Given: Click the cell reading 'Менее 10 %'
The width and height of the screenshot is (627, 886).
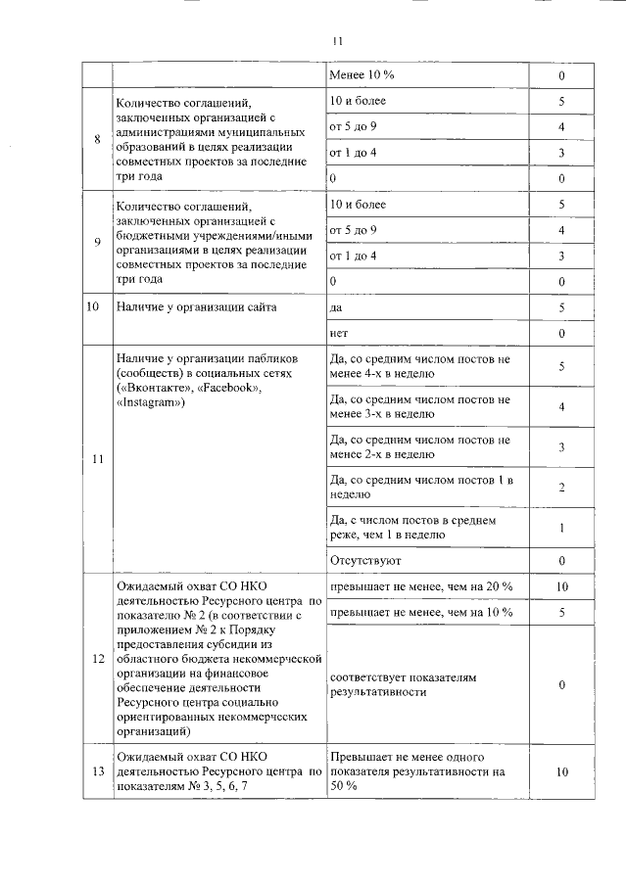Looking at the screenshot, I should (362, 75).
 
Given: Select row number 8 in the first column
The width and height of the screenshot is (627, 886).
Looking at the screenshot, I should (97, 138).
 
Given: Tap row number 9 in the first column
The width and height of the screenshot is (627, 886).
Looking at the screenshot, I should (97, 243).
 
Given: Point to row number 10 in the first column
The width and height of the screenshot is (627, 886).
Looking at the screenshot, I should (94, 307).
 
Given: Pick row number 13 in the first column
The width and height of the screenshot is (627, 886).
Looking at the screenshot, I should (97, 770).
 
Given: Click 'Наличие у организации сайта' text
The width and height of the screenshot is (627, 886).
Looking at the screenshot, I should (196, 307).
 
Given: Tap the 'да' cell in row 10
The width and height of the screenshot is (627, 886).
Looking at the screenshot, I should (337, 307).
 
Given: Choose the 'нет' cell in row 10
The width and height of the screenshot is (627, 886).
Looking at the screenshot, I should (339, 334).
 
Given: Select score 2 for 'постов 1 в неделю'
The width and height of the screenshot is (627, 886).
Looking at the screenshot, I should (561, 488).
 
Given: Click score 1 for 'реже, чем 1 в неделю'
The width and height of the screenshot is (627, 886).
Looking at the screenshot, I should (561, 528).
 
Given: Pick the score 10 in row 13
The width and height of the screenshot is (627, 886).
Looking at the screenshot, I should (561, 771).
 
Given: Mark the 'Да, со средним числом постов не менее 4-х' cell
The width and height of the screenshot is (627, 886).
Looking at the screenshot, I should (421, 366).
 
